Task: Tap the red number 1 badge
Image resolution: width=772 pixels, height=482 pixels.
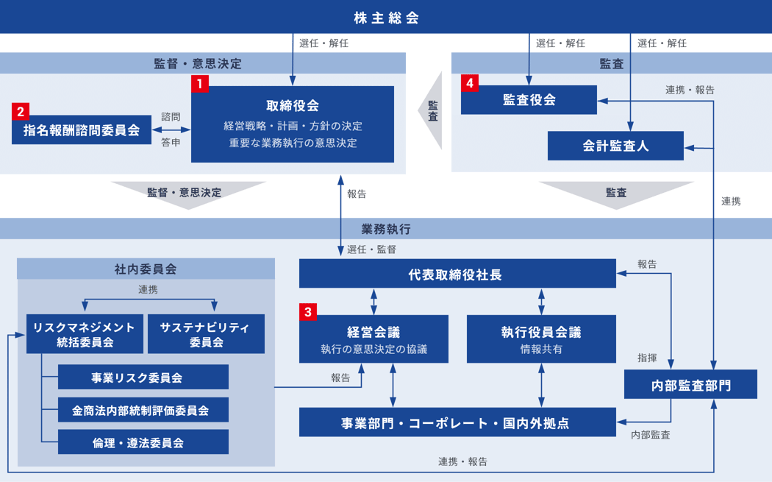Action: pos(199,83)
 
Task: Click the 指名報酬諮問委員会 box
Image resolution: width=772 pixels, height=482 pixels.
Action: pos(82,130)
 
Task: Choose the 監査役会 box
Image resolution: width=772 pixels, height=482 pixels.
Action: pos(529,100)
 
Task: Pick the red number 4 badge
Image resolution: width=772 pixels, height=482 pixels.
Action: pos(470,83)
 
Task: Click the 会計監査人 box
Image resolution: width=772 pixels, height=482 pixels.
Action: pos(615,146)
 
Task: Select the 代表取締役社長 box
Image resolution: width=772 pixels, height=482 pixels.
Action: pos(457,274)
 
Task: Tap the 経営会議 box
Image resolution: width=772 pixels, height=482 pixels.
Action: pos(374,339)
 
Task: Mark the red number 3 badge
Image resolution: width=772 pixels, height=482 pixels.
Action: pos(308,312)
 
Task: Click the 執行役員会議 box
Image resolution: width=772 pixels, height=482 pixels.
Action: pos(540,339)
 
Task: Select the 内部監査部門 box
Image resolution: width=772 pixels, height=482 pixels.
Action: pos(690,384)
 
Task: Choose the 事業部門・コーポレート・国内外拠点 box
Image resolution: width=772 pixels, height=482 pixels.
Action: pos(457,422)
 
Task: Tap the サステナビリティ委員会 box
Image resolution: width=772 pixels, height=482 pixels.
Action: pos(206,334)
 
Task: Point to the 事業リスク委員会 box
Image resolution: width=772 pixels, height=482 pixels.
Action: pos(143,378)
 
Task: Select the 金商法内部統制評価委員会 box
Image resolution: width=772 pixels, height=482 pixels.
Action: pos(143,410)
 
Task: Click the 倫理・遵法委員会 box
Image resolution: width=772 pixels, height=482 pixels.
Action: pos(143,442)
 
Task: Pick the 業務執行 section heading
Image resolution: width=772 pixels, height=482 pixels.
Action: pos(386,229)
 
